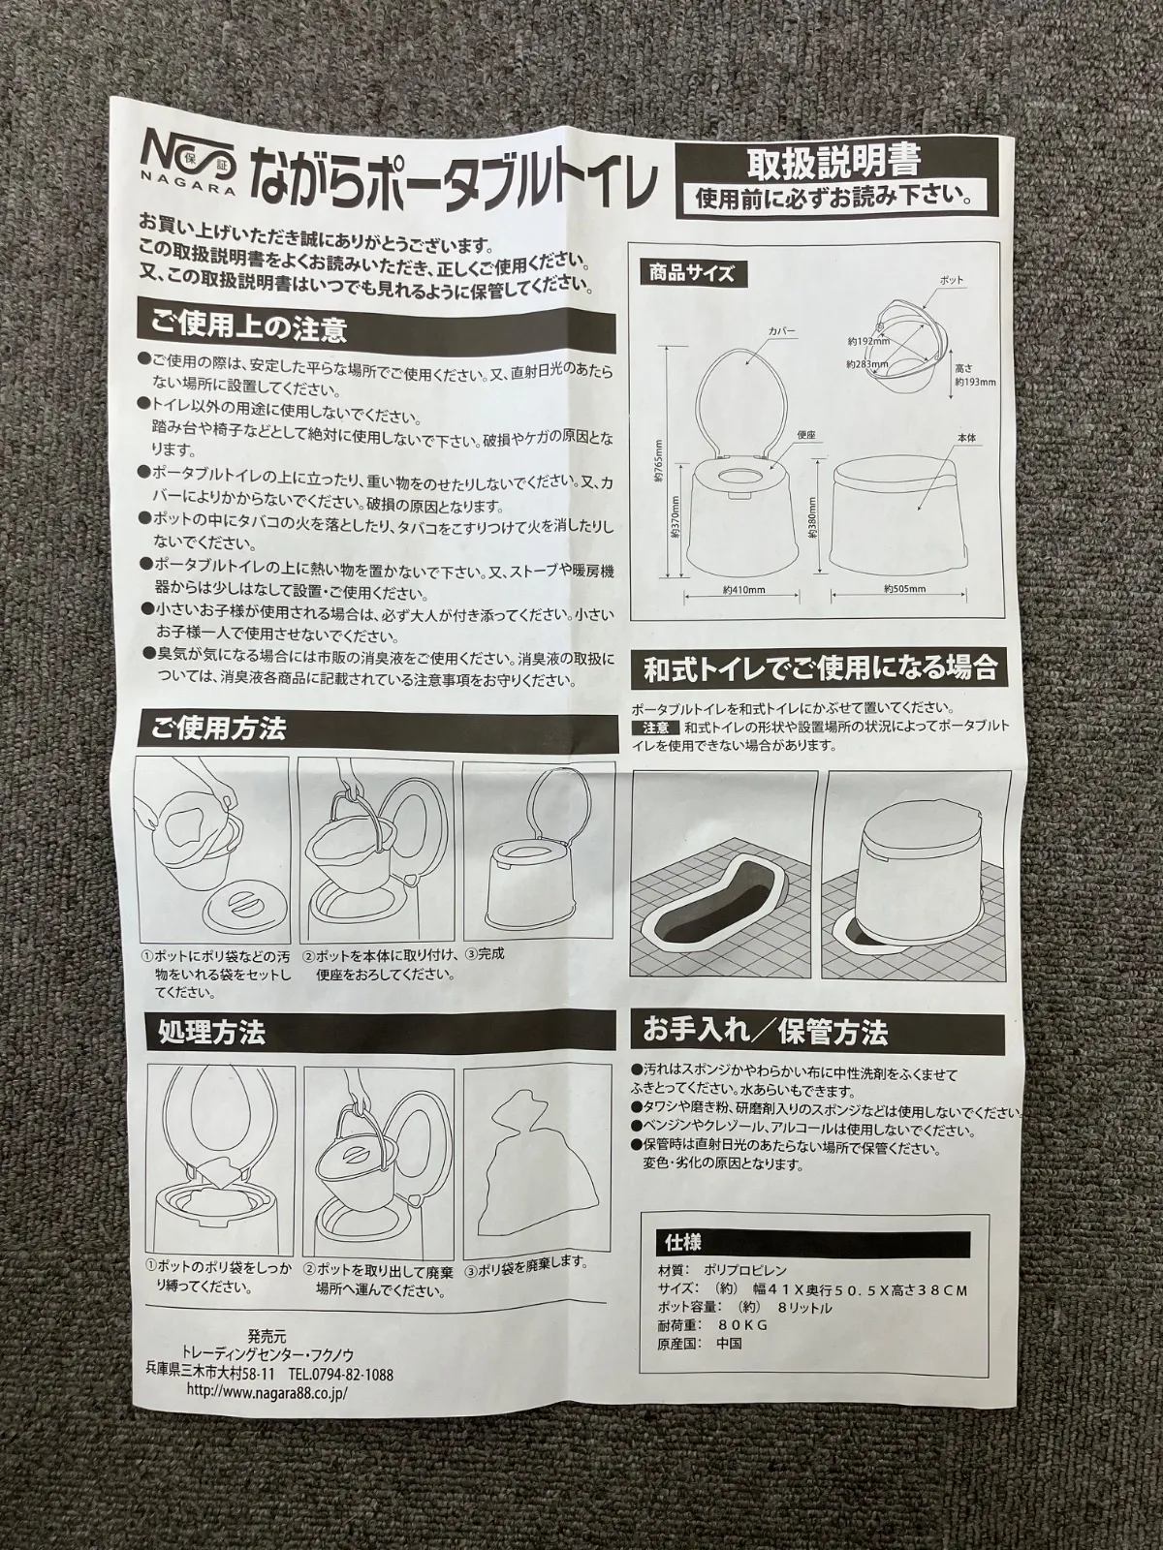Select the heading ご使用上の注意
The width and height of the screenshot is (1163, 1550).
[248, 326]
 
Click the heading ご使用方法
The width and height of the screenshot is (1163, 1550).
[217, 727]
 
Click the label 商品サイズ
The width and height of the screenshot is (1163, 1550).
[686, 273]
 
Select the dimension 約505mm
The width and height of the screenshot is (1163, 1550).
[906, 588]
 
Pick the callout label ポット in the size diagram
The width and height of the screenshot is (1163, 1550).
[951, 280]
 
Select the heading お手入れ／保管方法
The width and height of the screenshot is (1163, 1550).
[766, 1034]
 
